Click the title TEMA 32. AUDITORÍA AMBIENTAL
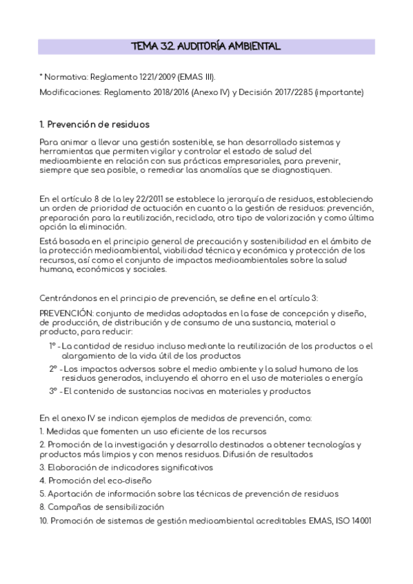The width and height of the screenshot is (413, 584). click(x=206, y=47)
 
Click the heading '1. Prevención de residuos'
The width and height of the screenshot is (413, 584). click(x=94, y=125)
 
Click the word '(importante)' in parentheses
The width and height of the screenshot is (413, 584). click(x=339, y=92)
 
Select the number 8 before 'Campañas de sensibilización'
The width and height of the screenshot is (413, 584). click(x=42, y=507)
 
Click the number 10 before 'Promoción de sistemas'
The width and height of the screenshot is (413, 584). click(x=44, y=520)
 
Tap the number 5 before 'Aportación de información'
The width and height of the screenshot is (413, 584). click(x=42, y=493)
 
